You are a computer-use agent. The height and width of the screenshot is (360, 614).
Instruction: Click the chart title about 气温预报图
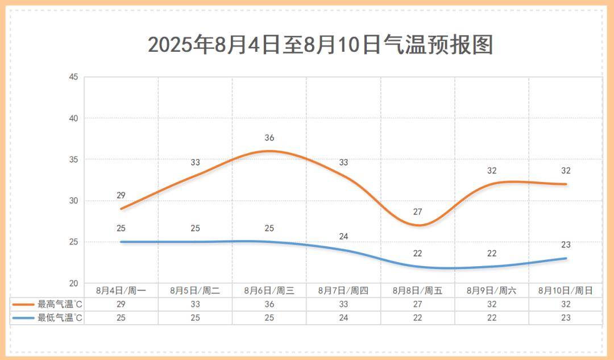[320, 44]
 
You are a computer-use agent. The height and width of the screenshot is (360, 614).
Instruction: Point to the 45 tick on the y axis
[73, 77]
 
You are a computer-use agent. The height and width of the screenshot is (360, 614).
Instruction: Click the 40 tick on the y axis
[73, 118]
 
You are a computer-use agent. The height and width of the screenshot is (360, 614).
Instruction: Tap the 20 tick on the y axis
[73, 283]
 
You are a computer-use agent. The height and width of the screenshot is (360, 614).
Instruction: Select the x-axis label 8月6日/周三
[269, 291]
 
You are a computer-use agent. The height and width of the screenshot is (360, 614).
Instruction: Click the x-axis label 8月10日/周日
[566, 291]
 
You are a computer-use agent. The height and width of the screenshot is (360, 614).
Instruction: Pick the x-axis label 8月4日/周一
[121, 291]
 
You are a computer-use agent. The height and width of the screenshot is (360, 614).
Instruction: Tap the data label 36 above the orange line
[269, 138]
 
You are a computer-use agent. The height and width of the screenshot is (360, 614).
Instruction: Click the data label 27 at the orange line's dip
[418, 212]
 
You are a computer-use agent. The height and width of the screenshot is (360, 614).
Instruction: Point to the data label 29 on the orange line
[121, 196]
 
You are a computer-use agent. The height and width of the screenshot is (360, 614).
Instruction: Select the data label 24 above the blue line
[343, 237]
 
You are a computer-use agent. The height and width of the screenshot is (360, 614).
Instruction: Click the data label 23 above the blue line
[566, 245]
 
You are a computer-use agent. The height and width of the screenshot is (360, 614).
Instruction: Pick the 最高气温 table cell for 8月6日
[269, 304]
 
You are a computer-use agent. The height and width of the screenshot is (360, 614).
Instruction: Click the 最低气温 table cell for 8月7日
[343, 318]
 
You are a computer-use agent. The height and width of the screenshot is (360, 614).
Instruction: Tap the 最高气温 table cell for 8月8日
[418, 304]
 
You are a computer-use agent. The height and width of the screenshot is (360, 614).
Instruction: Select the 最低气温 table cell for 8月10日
[566, 318]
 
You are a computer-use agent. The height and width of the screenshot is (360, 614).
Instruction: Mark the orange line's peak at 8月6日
[269, 151]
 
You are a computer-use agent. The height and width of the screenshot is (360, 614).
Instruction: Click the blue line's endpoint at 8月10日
[566, 258]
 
